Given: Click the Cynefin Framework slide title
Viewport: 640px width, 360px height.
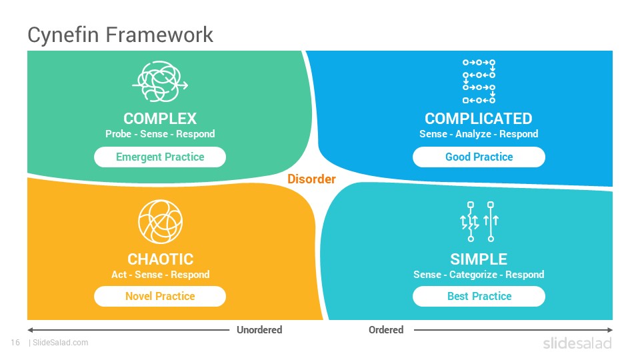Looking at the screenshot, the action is [120, 35].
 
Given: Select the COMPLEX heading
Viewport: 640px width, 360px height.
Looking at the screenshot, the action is [160, 119].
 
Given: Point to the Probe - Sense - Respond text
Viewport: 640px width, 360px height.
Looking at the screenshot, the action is [160, 134].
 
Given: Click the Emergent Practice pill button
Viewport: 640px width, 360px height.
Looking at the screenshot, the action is [160, 157].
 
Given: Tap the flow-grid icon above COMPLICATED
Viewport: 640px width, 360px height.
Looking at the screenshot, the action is [479, 81].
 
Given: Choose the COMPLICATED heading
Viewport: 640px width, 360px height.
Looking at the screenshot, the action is [479, 119].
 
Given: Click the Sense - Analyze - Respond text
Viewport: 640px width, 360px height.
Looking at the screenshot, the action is [479, 134].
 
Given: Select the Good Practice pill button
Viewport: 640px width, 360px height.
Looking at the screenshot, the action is [479, 157].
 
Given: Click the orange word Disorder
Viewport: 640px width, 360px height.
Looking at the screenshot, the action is [311, 179].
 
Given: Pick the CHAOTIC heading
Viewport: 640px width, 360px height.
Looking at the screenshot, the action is [161, 259].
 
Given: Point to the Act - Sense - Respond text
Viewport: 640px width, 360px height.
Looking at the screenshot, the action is [161, 275].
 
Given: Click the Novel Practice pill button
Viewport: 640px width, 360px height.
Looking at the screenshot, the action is [160, 296].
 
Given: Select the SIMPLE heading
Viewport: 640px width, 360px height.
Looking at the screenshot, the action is [479, 259].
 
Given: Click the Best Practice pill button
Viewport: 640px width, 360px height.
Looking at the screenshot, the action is [479, 296].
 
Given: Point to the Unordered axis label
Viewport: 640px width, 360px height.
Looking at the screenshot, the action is [259, 330].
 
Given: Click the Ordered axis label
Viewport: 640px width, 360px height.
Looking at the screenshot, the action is [386, 330].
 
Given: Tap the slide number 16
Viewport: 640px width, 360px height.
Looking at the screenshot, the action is [15, 343].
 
